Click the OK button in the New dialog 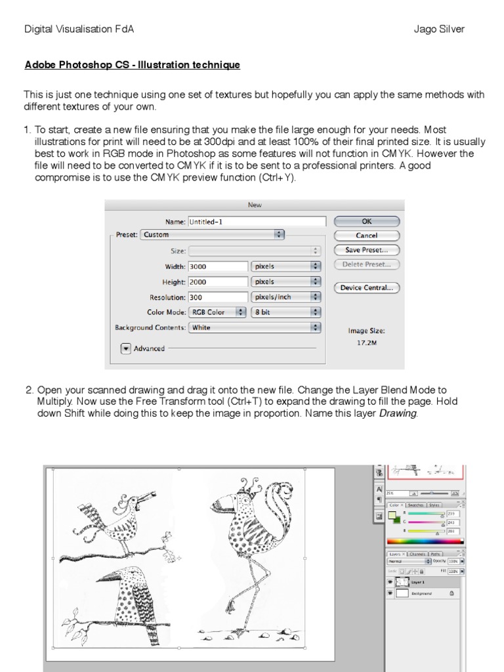366,222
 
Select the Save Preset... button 366,250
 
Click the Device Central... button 366,287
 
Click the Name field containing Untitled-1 257,222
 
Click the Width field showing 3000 217,266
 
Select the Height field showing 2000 217,282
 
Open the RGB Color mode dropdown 217,312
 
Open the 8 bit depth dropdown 286,312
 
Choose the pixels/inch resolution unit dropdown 286,297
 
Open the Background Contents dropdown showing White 255,327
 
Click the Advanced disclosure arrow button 126,348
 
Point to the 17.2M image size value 366,343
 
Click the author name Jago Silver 439,29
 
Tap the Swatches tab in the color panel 416,505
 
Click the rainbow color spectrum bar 425,541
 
